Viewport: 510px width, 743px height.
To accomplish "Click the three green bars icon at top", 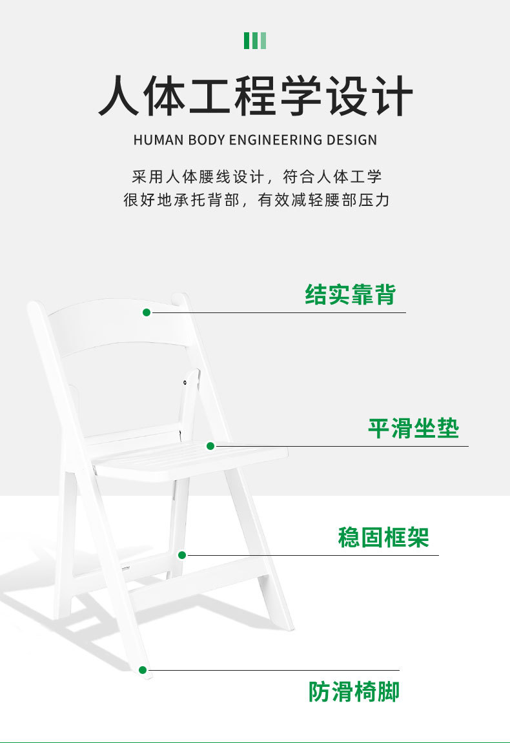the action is [255, 41].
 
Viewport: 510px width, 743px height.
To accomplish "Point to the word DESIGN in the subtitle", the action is [351, 139].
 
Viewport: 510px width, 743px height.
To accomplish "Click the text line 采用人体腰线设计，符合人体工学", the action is [256, 177].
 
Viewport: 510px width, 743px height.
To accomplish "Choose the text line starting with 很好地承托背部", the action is [256, 200].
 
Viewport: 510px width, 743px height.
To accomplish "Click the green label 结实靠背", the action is [350, 294].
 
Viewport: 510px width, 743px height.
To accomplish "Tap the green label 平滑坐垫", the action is [413, 428].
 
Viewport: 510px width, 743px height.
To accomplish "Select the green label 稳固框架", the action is [383, 537].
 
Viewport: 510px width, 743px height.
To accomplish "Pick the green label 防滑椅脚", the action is [354, 692].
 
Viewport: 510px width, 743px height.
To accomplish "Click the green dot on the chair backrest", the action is [147, 312].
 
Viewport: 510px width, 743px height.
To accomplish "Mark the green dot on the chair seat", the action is [210, 445].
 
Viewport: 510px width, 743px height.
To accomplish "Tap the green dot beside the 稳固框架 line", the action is [182, 555].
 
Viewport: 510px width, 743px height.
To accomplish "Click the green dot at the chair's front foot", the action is [143, 670].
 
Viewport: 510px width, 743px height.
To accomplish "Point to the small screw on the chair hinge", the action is [185, 383].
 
